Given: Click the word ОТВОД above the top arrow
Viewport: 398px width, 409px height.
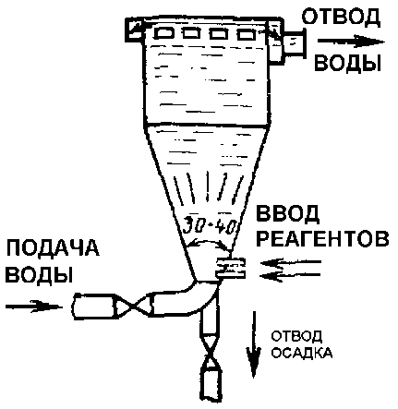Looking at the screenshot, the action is coord(341,18).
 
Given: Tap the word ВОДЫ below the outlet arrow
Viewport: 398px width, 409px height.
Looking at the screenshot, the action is coord(347,63).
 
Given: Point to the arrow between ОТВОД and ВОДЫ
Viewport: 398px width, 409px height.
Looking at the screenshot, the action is coord(351,42).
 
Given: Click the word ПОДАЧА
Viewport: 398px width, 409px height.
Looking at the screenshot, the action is coord(53,248).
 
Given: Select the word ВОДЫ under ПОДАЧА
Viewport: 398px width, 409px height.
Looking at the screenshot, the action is coord(39,274).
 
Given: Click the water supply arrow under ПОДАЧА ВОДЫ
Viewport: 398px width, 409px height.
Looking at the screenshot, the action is coord(34,307).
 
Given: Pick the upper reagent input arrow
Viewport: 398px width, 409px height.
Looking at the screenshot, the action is coord(291,263).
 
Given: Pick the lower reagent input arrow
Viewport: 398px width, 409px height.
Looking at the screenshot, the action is coord(291,275).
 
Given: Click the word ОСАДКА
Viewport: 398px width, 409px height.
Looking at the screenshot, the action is coord(302,354).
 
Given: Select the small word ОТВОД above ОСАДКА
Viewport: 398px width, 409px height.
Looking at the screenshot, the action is coord(296,336).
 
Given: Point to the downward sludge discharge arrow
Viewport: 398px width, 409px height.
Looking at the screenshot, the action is coord(254,344).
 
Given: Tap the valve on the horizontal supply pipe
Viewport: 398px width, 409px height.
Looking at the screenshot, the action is coord(133,306).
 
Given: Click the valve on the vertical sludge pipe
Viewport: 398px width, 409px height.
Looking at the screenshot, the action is coord(211,353).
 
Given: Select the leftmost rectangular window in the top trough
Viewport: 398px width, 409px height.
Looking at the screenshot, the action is coord(163,33).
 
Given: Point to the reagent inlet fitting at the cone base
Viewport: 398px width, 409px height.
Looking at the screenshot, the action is coord(231,268).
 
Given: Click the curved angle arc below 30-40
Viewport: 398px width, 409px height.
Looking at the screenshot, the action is coord(207,242).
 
